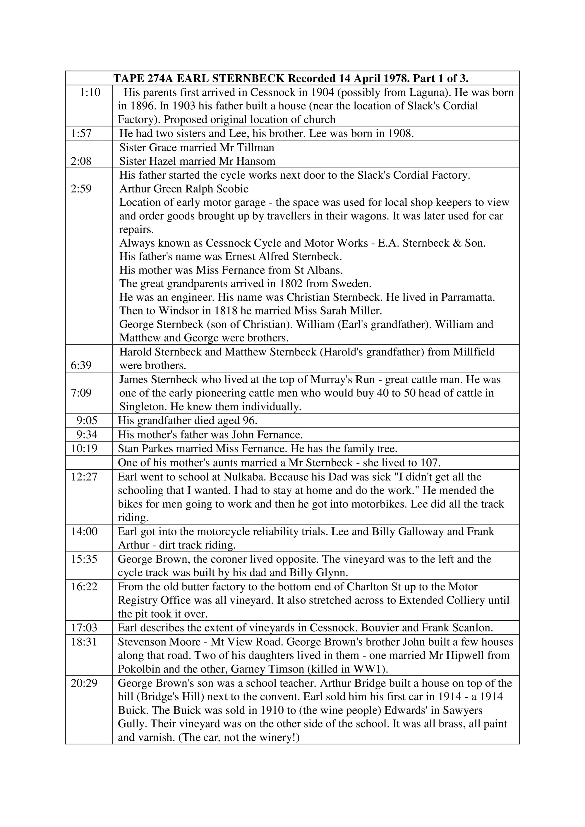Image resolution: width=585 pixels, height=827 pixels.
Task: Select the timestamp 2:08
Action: pyautogui.click(x=81, y=161)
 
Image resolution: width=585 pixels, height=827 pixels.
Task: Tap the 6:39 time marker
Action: pyautogui.click(x=81, y=365)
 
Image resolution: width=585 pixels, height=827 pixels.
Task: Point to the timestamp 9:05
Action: pyautogui.click(x=87, y=420)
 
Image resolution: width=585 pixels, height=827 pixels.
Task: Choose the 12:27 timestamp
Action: pyautogui.click(x=84, y=477)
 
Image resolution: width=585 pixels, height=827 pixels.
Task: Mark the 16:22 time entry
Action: pyautogui.click(x=84, y=587)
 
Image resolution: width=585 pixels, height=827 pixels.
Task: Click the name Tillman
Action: pyautogui.click(x=255, y=147)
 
